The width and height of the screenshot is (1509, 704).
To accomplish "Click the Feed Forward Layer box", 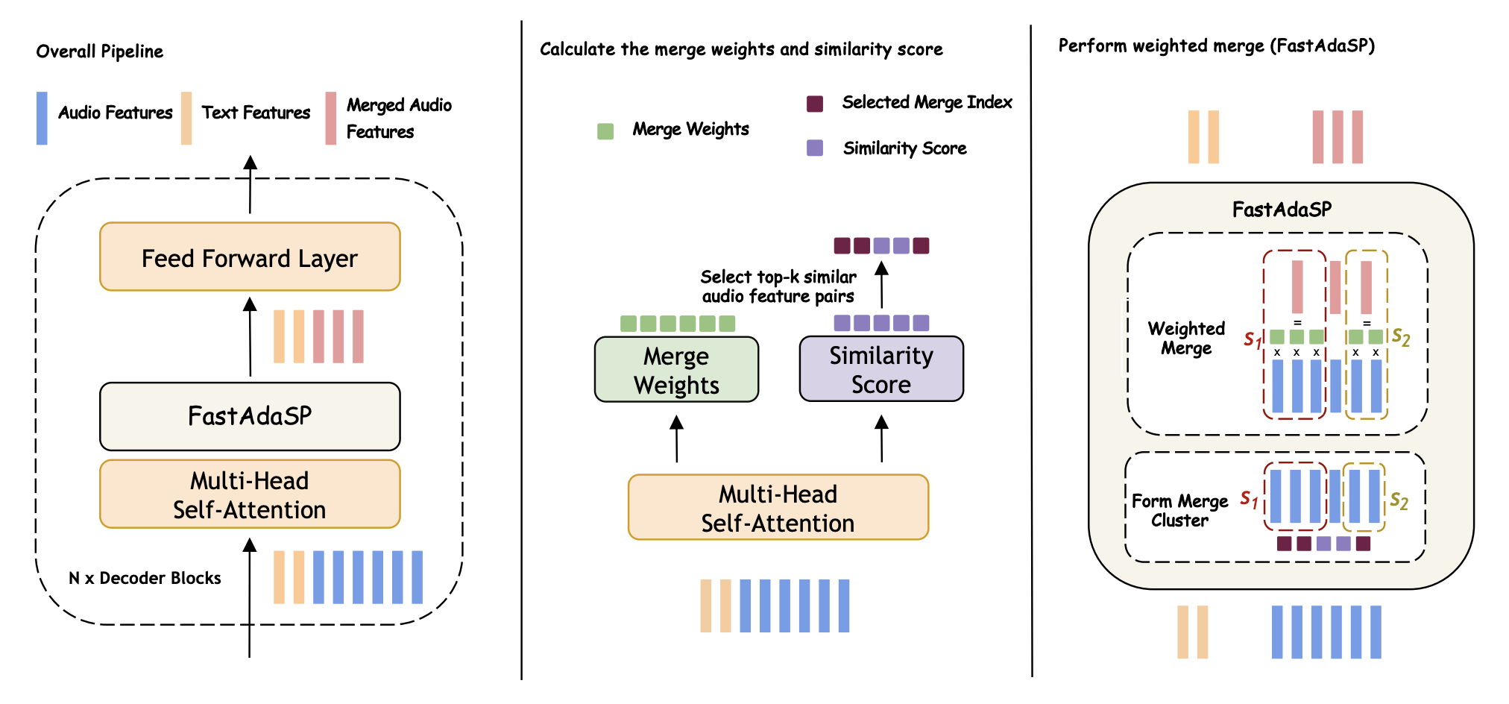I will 250,257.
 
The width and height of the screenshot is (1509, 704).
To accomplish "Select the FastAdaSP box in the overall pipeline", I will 250,416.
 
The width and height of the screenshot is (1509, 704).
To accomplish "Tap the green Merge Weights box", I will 676,370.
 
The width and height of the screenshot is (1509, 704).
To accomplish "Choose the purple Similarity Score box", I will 881,369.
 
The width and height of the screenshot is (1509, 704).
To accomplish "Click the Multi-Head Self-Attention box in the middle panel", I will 778,508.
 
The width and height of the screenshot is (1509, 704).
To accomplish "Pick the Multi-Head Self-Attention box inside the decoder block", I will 250,494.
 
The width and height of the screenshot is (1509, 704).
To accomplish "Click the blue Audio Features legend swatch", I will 42,118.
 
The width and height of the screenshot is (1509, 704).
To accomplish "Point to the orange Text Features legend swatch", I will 186,118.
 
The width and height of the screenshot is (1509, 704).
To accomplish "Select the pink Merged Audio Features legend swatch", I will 331,118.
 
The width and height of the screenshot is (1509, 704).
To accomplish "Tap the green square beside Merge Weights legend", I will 605,131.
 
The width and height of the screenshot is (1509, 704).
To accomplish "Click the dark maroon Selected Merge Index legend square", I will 815,104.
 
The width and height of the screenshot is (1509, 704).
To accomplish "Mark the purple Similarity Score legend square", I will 815,148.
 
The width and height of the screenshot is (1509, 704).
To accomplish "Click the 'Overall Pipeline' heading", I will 100,51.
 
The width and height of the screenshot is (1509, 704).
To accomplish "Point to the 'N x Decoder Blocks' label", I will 145,578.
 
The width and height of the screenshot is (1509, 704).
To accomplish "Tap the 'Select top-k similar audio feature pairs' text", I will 778,286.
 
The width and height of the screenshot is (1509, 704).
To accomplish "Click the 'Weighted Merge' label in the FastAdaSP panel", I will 1186,338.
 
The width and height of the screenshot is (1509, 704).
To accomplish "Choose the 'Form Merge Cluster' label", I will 1179,510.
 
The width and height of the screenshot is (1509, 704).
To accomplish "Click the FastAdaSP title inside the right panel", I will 1282,210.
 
